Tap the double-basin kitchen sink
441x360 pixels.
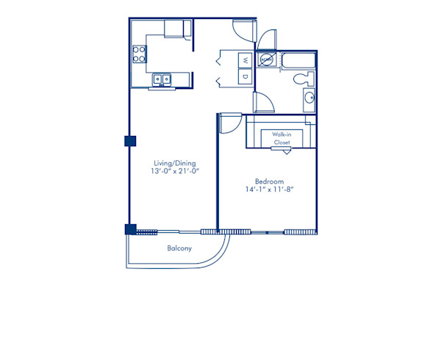(x=162, y=79)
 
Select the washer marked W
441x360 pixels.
(x=245, y=60)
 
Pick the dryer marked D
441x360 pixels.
(x=245, y=76)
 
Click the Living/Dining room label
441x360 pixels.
(x=174, y=163)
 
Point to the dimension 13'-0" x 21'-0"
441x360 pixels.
(x=174, y=172)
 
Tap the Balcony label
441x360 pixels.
(x=179, y=248)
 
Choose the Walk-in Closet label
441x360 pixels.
(x=281, y=138)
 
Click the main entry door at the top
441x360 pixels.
(x=243, y=29)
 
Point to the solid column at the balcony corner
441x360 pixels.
(x=131, y=228)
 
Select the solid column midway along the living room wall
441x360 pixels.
(x=130, y=141)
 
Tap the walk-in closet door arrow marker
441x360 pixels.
(x=281, y=149)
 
